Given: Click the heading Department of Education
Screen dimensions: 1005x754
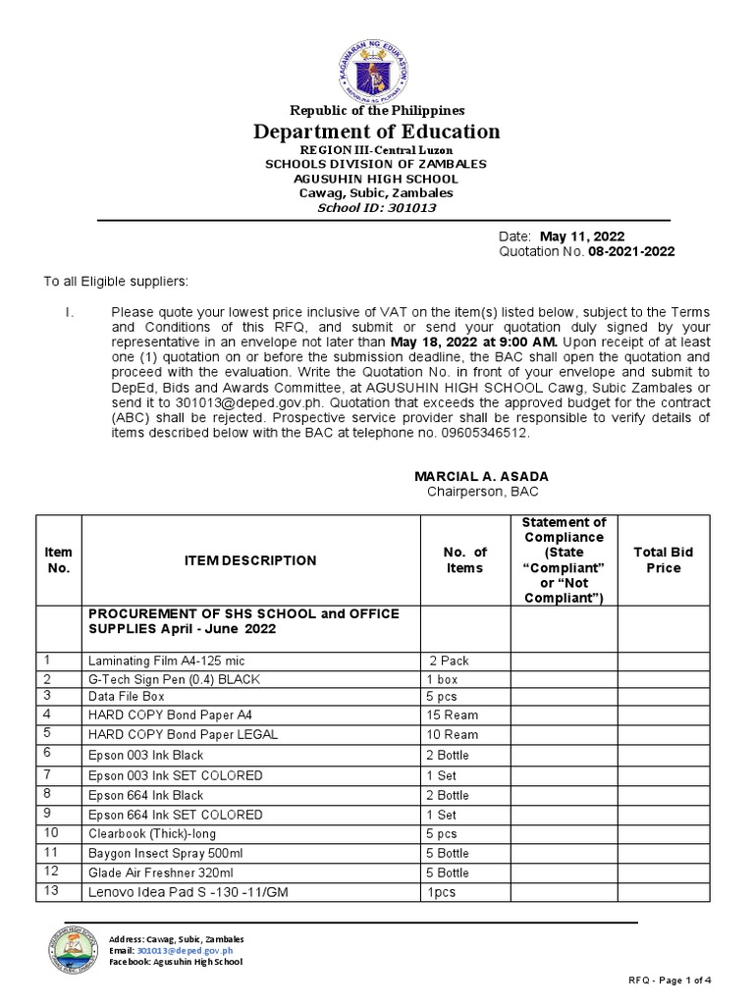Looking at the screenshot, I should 378,132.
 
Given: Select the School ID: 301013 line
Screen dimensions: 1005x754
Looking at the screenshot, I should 378,208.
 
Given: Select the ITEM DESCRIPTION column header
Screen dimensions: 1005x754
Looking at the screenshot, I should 250,560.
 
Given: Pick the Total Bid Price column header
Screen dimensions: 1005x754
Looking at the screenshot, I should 663,560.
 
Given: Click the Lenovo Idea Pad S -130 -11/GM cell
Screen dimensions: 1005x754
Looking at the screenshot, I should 177,891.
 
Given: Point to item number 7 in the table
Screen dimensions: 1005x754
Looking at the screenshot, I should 46,774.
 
